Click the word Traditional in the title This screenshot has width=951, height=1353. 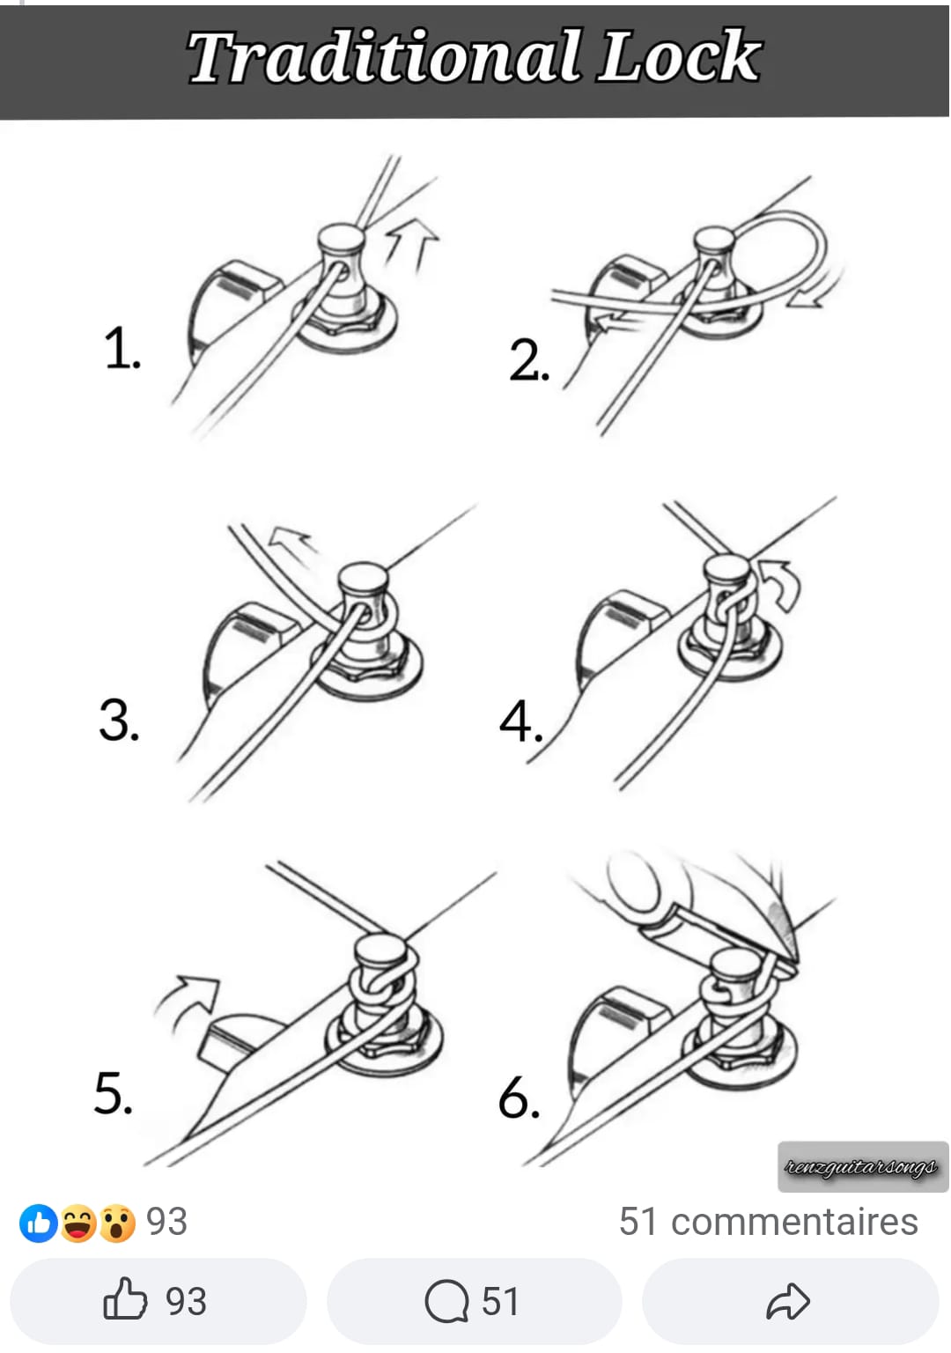tap(384, 57)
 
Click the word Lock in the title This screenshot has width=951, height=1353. tap(679, 55)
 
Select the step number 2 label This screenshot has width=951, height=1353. tap(529, 360)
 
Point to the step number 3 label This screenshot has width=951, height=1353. tap(119, 719)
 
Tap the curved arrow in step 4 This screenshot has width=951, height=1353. tap(782, 584)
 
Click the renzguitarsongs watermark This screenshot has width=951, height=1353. tap(862, 1166)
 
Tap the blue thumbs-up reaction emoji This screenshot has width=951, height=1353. tap(39, 1224)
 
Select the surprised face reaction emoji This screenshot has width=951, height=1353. tap(117, 1224)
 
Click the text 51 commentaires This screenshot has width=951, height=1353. tap(768, 1222)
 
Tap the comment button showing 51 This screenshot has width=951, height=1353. tap(474, 1301)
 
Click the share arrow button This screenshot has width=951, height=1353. tap(790, 1301)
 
